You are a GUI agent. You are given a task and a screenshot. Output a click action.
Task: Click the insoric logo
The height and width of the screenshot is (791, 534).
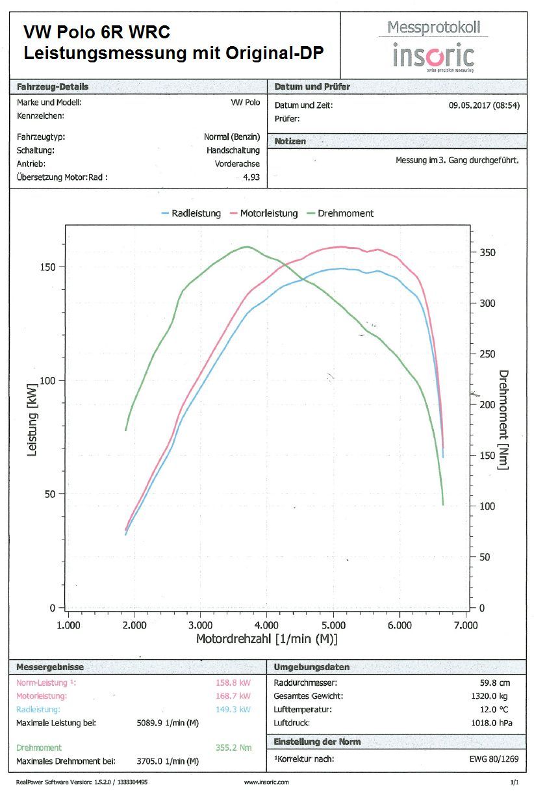pyautogui.click(x=433, y=55)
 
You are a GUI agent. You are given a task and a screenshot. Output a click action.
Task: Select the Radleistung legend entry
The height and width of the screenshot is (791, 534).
pyautogui.click(x=196, y=213)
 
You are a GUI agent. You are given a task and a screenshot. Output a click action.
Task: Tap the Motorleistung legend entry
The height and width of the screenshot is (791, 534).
pyautogui.click(x=268, y=213)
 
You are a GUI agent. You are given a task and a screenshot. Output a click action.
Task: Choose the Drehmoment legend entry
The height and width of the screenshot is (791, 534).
pyautogui.click(x=345, y=213)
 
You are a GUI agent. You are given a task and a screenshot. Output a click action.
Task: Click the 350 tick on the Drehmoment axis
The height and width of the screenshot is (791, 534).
pyautogui.click(x=486, y=252)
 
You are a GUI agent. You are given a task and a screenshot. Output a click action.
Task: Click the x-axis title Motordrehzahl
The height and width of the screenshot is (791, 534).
pyautogui.click(x=267, y=640)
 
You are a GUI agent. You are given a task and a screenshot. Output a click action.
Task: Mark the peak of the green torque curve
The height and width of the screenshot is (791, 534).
pyautogui.click(x=246, y=247)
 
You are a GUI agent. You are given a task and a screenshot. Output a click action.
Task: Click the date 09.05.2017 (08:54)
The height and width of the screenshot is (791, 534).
pyautogui.click(x=483, y=105)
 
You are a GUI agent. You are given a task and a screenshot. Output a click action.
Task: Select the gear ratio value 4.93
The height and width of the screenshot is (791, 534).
pyautogui.click(x=251, y=177)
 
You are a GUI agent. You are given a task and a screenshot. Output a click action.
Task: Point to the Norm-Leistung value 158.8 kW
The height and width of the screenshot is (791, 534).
pyautogui.click(x=233, y=682)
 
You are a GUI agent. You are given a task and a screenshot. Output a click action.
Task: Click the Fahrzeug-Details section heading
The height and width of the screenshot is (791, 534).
pyautogui.click(x=53, y=86)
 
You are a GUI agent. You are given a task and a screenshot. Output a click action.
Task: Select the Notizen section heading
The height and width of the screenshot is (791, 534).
pyautogui.click(x=290, y=141)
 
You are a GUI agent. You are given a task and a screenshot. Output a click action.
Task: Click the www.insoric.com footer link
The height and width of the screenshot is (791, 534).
pyautogui.click(x=266, y=782)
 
